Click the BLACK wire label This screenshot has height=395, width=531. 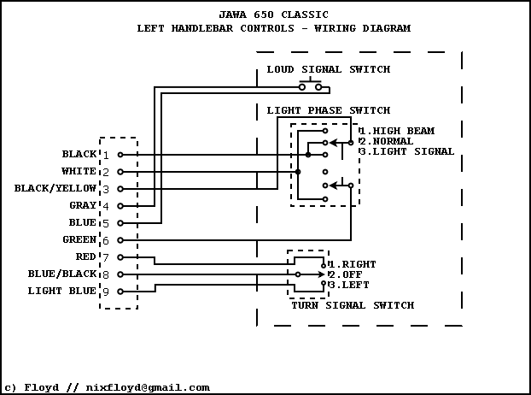coord(79,155)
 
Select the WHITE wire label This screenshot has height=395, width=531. coord(79,172)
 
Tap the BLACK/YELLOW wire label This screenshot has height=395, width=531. coord(55,189)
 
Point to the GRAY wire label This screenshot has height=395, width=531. coord(83,206)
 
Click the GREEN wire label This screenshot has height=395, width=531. coord(79,240)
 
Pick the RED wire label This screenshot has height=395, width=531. coord(86,256)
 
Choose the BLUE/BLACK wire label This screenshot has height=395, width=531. coord(62,274)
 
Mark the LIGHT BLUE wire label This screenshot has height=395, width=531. coord(62,292)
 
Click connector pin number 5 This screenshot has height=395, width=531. coord(106,223)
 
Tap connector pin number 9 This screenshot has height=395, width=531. coord(106,292)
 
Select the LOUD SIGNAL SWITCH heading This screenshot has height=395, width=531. coord(328,69)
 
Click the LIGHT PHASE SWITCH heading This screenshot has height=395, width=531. coord(328,110)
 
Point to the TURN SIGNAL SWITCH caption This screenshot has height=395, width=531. coord(352,305)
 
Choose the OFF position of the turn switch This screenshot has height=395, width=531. coord(345,274)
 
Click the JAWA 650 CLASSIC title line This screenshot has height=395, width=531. coord(273,15)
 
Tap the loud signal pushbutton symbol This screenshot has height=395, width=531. coord(311,85)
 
